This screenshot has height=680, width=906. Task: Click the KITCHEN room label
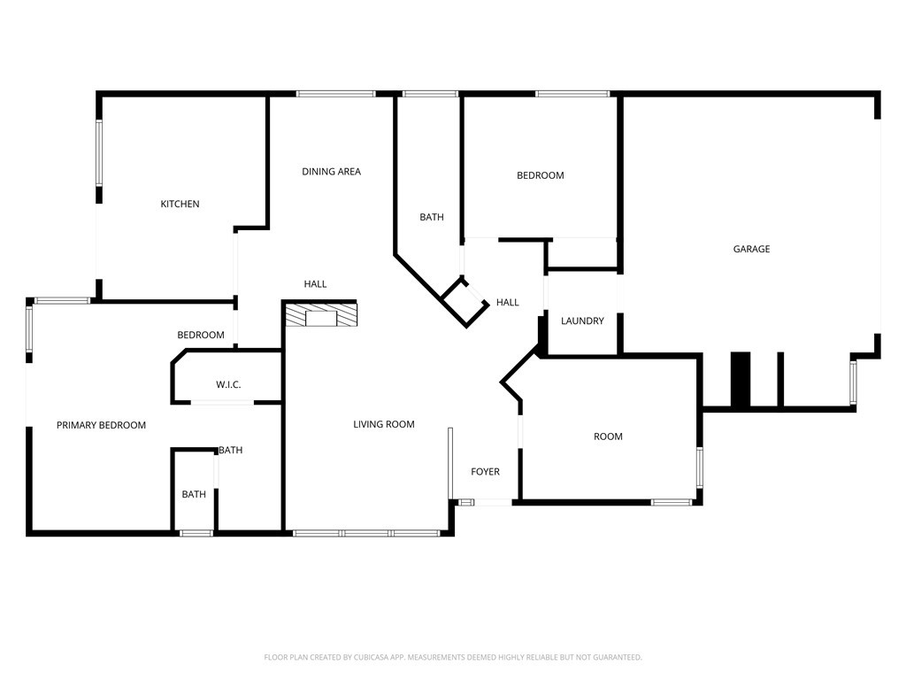point(180,204)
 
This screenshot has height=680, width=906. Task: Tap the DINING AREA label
point(331,171)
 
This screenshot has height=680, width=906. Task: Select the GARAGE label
point(751,249)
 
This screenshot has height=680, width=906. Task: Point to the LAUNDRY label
point(582,321)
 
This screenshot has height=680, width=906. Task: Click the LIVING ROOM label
point(384,424)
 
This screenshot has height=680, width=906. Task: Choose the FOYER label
point(486,471)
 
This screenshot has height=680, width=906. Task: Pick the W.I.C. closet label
point(228,384)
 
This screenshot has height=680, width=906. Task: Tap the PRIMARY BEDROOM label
point(101,425)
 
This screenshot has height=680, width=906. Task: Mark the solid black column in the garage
point(741,379)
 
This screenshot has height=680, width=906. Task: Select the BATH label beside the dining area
point(432,217)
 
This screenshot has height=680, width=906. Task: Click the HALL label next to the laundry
point(507,302)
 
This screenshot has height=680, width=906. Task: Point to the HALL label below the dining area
point(316,284)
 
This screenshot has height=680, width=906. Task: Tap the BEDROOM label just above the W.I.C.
point(201,335)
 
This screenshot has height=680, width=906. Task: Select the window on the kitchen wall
point(99,152)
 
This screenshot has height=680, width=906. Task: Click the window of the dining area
point(335,94)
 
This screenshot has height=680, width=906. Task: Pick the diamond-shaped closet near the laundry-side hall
point(465,303)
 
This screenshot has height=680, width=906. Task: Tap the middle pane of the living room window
point(366,532)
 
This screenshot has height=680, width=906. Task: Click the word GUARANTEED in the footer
point(620,657)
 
